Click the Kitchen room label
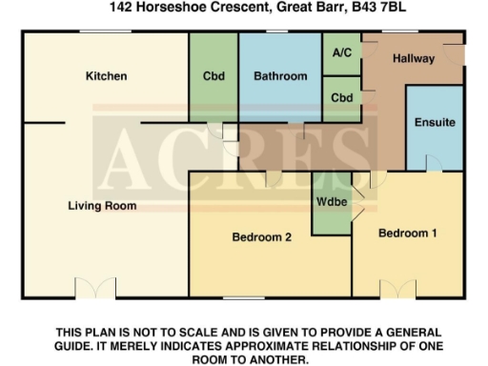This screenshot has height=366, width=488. [x=106, y=76]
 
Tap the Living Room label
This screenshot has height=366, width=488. [x=101, y=205]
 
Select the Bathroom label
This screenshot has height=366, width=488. [x=280, y=76]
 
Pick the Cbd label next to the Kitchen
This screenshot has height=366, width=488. [x=213, y=76]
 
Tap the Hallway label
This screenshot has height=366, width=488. [x=414, y=59]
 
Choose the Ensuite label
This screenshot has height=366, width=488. [x=435, y=122]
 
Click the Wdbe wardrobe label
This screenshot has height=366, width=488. [x=331, y=202]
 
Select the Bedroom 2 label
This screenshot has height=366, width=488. [x=261, y=238]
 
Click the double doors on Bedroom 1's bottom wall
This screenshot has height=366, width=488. [x=396, y=290]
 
